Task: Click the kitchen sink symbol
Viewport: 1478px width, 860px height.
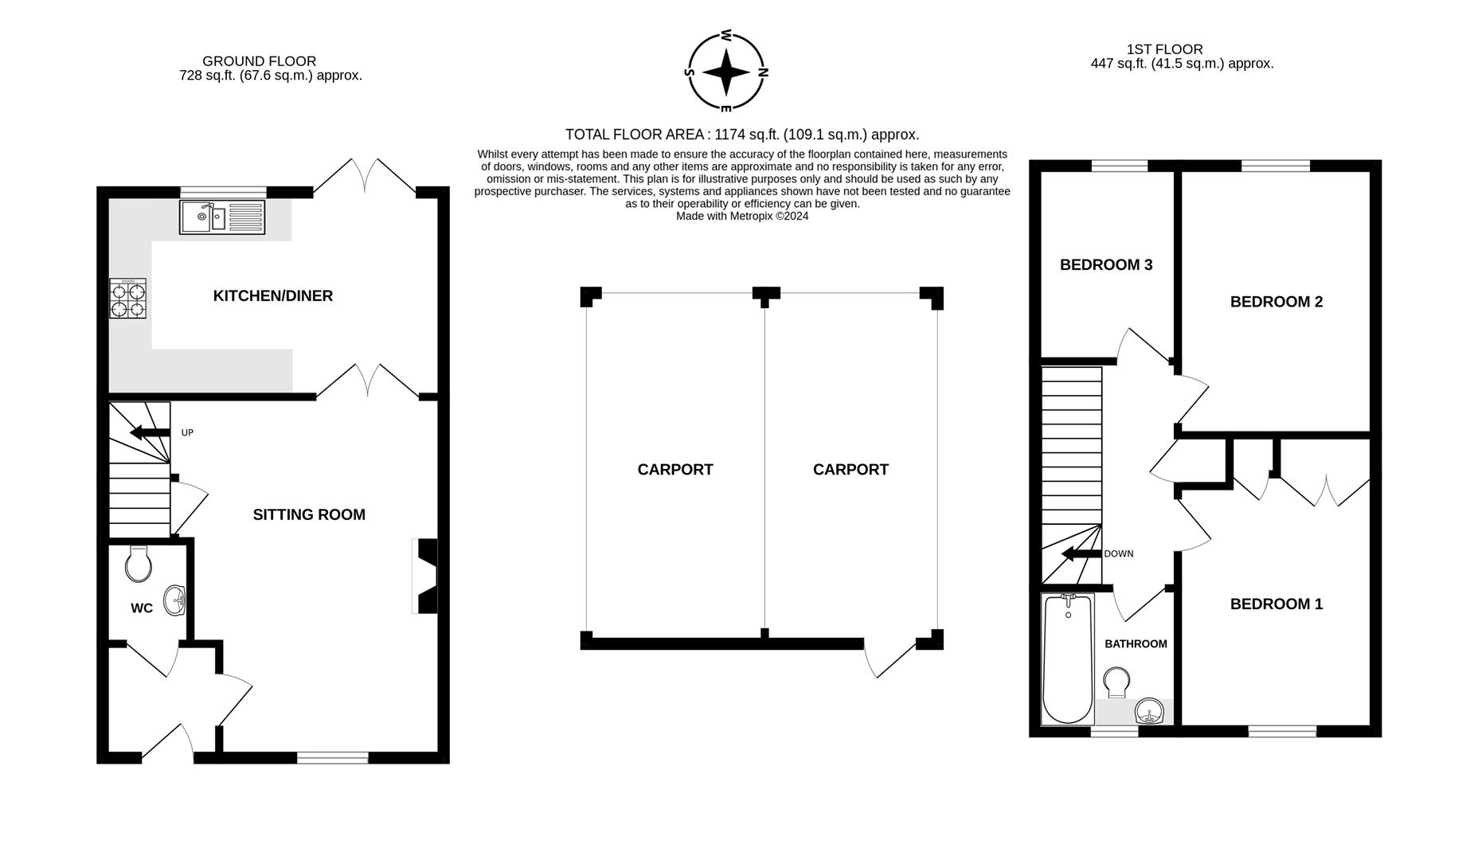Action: point(221,217)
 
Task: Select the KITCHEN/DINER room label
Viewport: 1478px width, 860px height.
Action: point(272,296)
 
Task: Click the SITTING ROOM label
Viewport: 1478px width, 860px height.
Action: point(309,515)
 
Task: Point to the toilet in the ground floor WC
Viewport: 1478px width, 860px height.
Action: point(139,565)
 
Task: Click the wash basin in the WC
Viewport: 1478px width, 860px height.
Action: point(175,600)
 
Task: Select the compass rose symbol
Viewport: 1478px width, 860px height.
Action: point(725,72)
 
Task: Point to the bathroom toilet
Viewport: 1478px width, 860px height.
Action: point(1116,682)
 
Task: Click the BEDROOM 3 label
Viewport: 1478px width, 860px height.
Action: point(1105,265)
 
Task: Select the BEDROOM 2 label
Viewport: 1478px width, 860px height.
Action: point(1276,302)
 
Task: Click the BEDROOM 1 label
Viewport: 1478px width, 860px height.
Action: point(1276,604)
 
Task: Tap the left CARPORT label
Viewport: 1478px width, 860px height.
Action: point(674,470)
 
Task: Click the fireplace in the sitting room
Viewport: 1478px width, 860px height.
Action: point(426,576)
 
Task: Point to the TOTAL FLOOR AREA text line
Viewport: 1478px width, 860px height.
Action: point(741,135)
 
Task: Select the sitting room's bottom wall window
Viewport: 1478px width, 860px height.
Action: point(332,758)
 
